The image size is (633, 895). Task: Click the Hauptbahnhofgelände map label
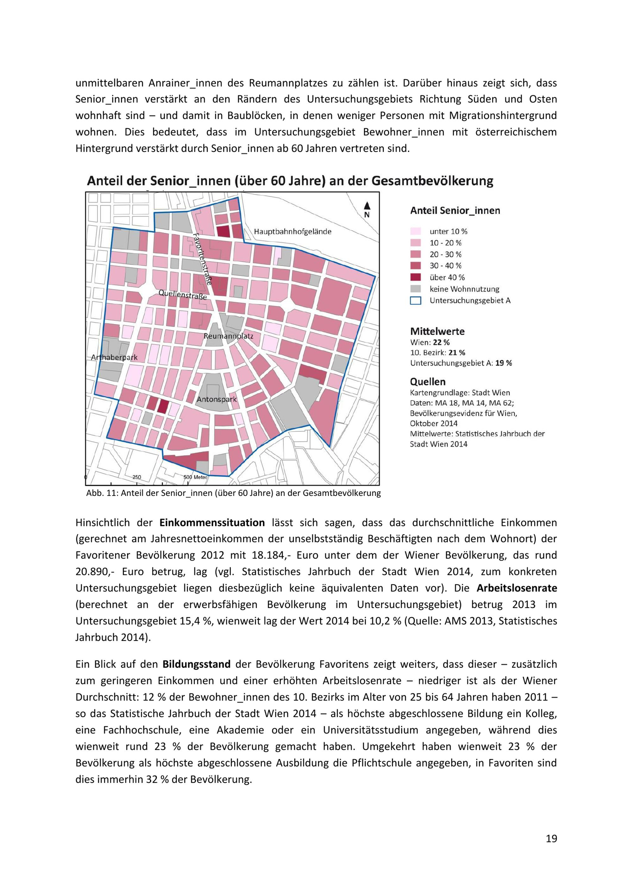(292, 232)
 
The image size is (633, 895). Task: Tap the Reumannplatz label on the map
(229, 335)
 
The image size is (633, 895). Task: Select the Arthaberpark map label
(114, 357)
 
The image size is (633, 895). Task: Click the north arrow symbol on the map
(367, 209)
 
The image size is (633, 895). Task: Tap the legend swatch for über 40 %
(416, 277)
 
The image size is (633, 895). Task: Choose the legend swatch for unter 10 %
(416, 231)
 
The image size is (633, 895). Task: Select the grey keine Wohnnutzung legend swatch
(416, 289)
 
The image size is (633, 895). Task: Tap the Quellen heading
(428, 382)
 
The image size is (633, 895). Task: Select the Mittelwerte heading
(437, 331)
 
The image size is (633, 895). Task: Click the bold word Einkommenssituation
(212, 523)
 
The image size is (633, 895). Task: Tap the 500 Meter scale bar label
(195, 477)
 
